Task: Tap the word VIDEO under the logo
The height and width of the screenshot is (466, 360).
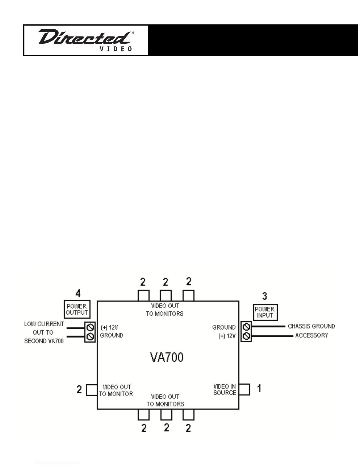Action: click(116, 49)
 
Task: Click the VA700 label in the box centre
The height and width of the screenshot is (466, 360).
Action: click(167, 357)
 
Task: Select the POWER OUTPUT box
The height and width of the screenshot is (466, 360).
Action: click(77, 309)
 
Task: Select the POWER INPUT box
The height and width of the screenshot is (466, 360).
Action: click(265, 312)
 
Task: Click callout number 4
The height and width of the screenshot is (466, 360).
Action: click(78, 293)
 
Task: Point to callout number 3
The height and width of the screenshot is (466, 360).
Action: click(265, 296)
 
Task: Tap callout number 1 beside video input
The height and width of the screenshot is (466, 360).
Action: click(259, 388)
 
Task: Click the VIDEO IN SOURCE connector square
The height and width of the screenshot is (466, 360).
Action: click(245, 390)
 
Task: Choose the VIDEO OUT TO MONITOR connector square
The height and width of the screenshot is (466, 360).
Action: click(92, 390)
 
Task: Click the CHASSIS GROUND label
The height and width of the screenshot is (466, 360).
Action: click(311, 326)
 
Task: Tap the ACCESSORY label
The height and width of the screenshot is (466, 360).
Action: click(312, 335)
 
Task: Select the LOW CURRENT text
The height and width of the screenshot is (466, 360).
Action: click(44, 324)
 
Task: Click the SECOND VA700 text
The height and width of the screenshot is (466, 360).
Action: click(44, 341)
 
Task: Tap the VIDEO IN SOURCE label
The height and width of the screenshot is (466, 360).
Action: click(225, 390)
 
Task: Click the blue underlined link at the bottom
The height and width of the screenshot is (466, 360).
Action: click(58, 463)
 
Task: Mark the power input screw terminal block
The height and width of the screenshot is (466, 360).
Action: click(246, 332)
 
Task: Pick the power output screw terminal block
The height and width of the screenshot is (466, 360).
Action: click(90, 332)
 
